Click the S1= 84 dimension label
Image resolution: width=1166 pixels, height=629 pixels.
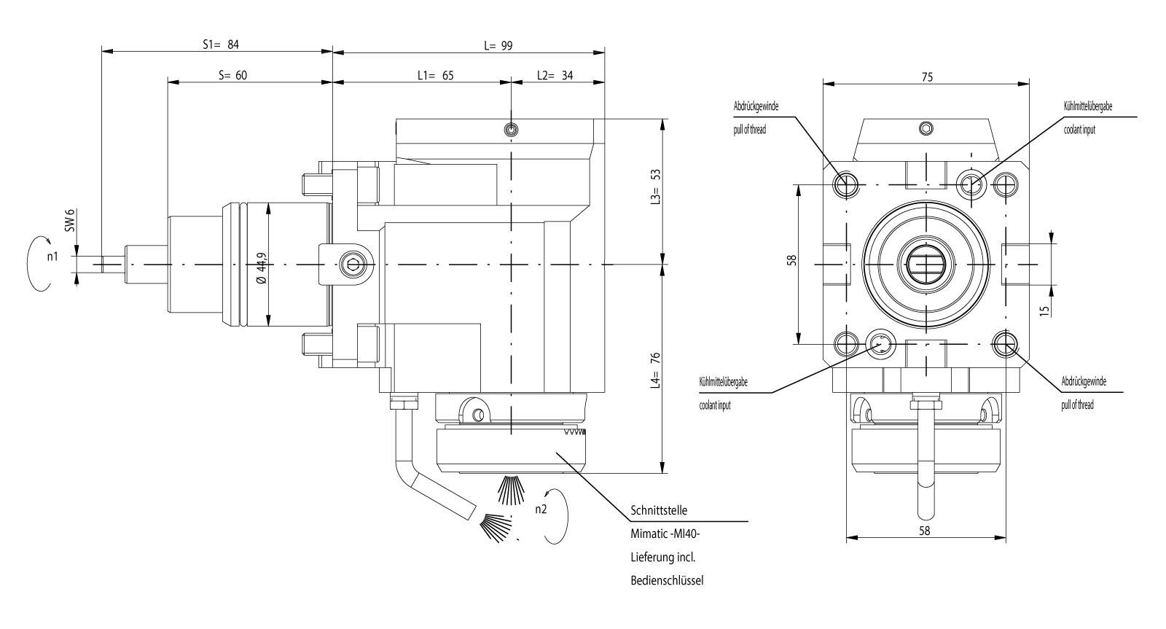pyautogui.click(x=220, y=44)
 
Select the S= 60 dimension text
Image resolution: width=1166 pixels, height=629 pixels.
pyautogui.click(x=232, y=75)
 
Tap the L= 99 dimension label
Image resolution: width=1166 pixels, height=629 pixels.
pyautogui.click(x=498, y=45)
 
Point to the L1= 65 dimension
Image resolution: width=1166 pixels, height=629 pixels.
pyautogui.click(x=435, y=75)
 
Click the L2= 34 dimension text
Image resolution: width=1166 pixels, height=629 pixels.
pyautogui.click(x=554, y=75)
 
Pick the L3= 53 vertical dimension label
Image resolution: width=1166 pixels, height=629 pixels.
pyautogui.click(x=655, y=187)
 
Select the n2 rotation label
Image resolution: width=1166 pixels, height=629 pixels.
pyautogui.click(x=540, y=509)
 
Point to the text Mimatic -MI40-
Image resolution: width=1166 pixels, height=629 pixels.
pyautogui.click(x=664, y=534)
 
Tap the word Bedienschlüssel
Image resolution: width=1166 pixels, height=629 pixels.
pyautogui.click(x=666, y=581)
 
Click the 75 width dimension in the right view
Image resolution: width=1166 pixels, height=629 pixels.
pyautogui.click(x=926, y=76)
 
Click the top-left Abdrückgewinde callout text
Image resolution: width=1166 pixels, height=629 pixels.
pyautogui.click(x=755, y=106)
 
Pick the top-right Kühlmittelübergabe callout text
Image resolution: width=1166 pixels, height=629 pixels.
pyautogui.click(x=1088, y=106)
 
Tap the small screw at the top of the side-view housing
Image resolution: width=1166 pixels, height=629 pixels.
pyautogui.click(x=512, y=130)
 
